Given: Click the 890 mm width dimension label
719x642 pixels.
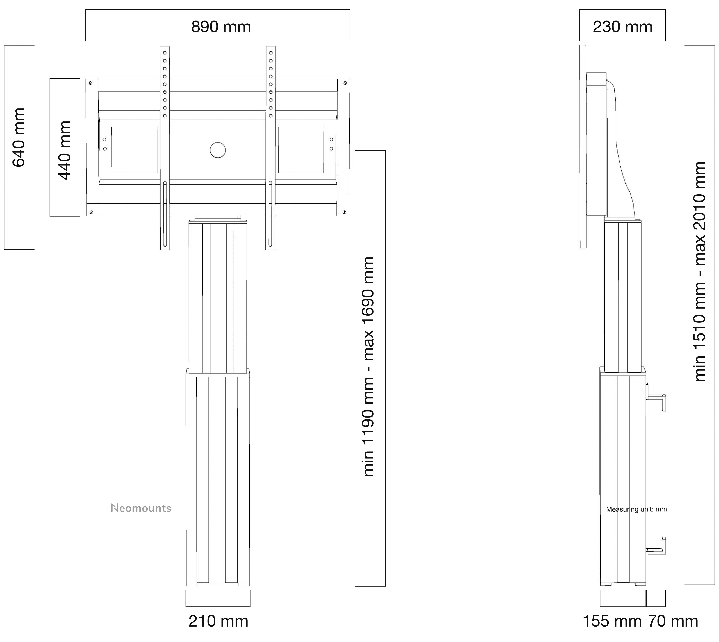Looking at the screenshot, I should [x=221, y=27].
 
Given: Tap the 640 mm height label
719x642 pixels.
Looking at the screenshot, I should [x=19, y=138].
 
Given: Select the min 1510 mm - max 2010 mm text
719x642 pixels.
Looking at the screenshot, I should [x=700, y=272].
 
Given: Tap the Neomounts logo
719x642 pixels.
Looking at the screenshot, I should [x=141, y=508].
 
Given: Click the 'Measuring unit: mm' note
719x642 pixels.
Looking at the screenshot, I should [x=636, y=509].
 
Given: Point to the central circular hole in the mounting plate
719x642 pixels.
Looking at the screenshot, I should [x=218, y=150].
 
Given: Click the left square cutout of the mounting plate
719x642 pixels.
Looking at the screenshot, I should [x=134, y=150].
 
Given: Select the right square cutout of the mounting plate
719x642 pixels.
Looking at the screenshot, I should [x=301, y=150].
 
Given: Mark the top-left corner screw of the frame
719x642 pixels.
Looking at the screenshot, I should [x=91, y=83].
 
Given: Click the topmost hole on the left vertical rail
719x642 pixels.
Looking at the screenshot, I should [x=165, y=53].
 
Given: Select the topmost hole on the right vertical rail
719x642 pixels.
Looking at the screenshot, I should [x=271, y=53].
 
